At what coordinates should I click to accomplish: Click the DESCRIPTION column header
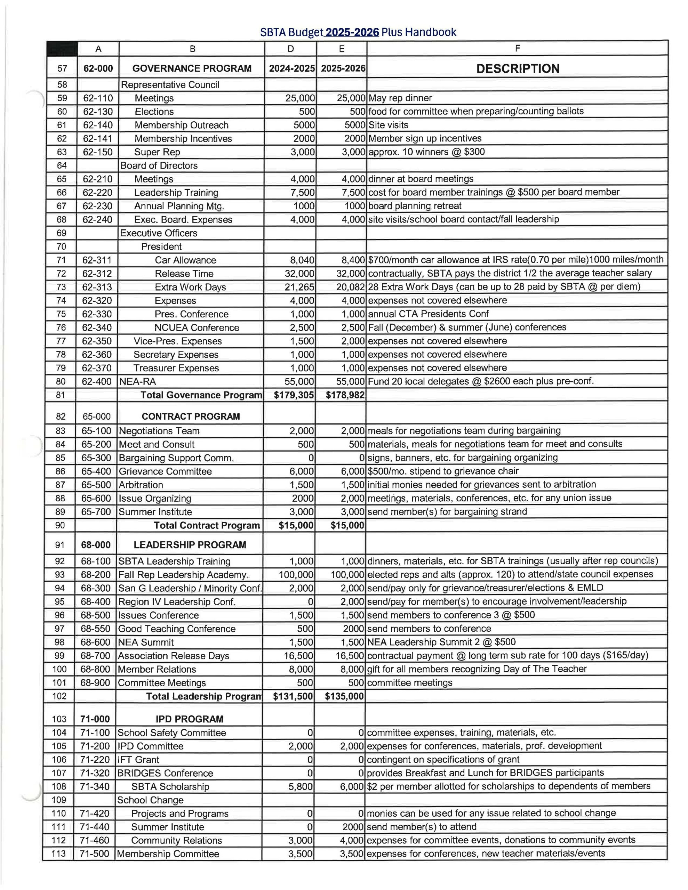518,68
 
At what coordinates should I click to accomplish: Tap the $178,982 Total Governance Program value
345,395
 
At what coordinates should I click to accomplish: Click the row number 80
61,381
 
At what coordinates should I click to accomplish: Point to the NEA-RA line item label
137,381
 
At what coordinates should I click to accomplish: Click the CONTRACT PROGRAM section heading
191,416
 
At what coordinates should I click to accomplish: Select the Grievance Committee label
165,471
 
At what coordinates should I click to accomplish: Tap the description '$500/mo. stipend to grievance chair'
443,471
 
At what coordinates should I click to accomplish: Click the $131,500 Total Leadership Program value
293,696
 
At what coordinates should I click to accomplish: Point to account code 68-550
95,629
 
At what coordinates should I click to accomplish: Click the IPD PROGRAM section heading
189,719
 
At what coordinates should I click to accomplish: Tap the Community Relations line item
176,840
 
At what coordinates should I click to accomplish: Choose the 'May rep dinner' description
400,98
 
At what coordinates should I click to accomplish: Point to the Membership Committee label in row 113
168,854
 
